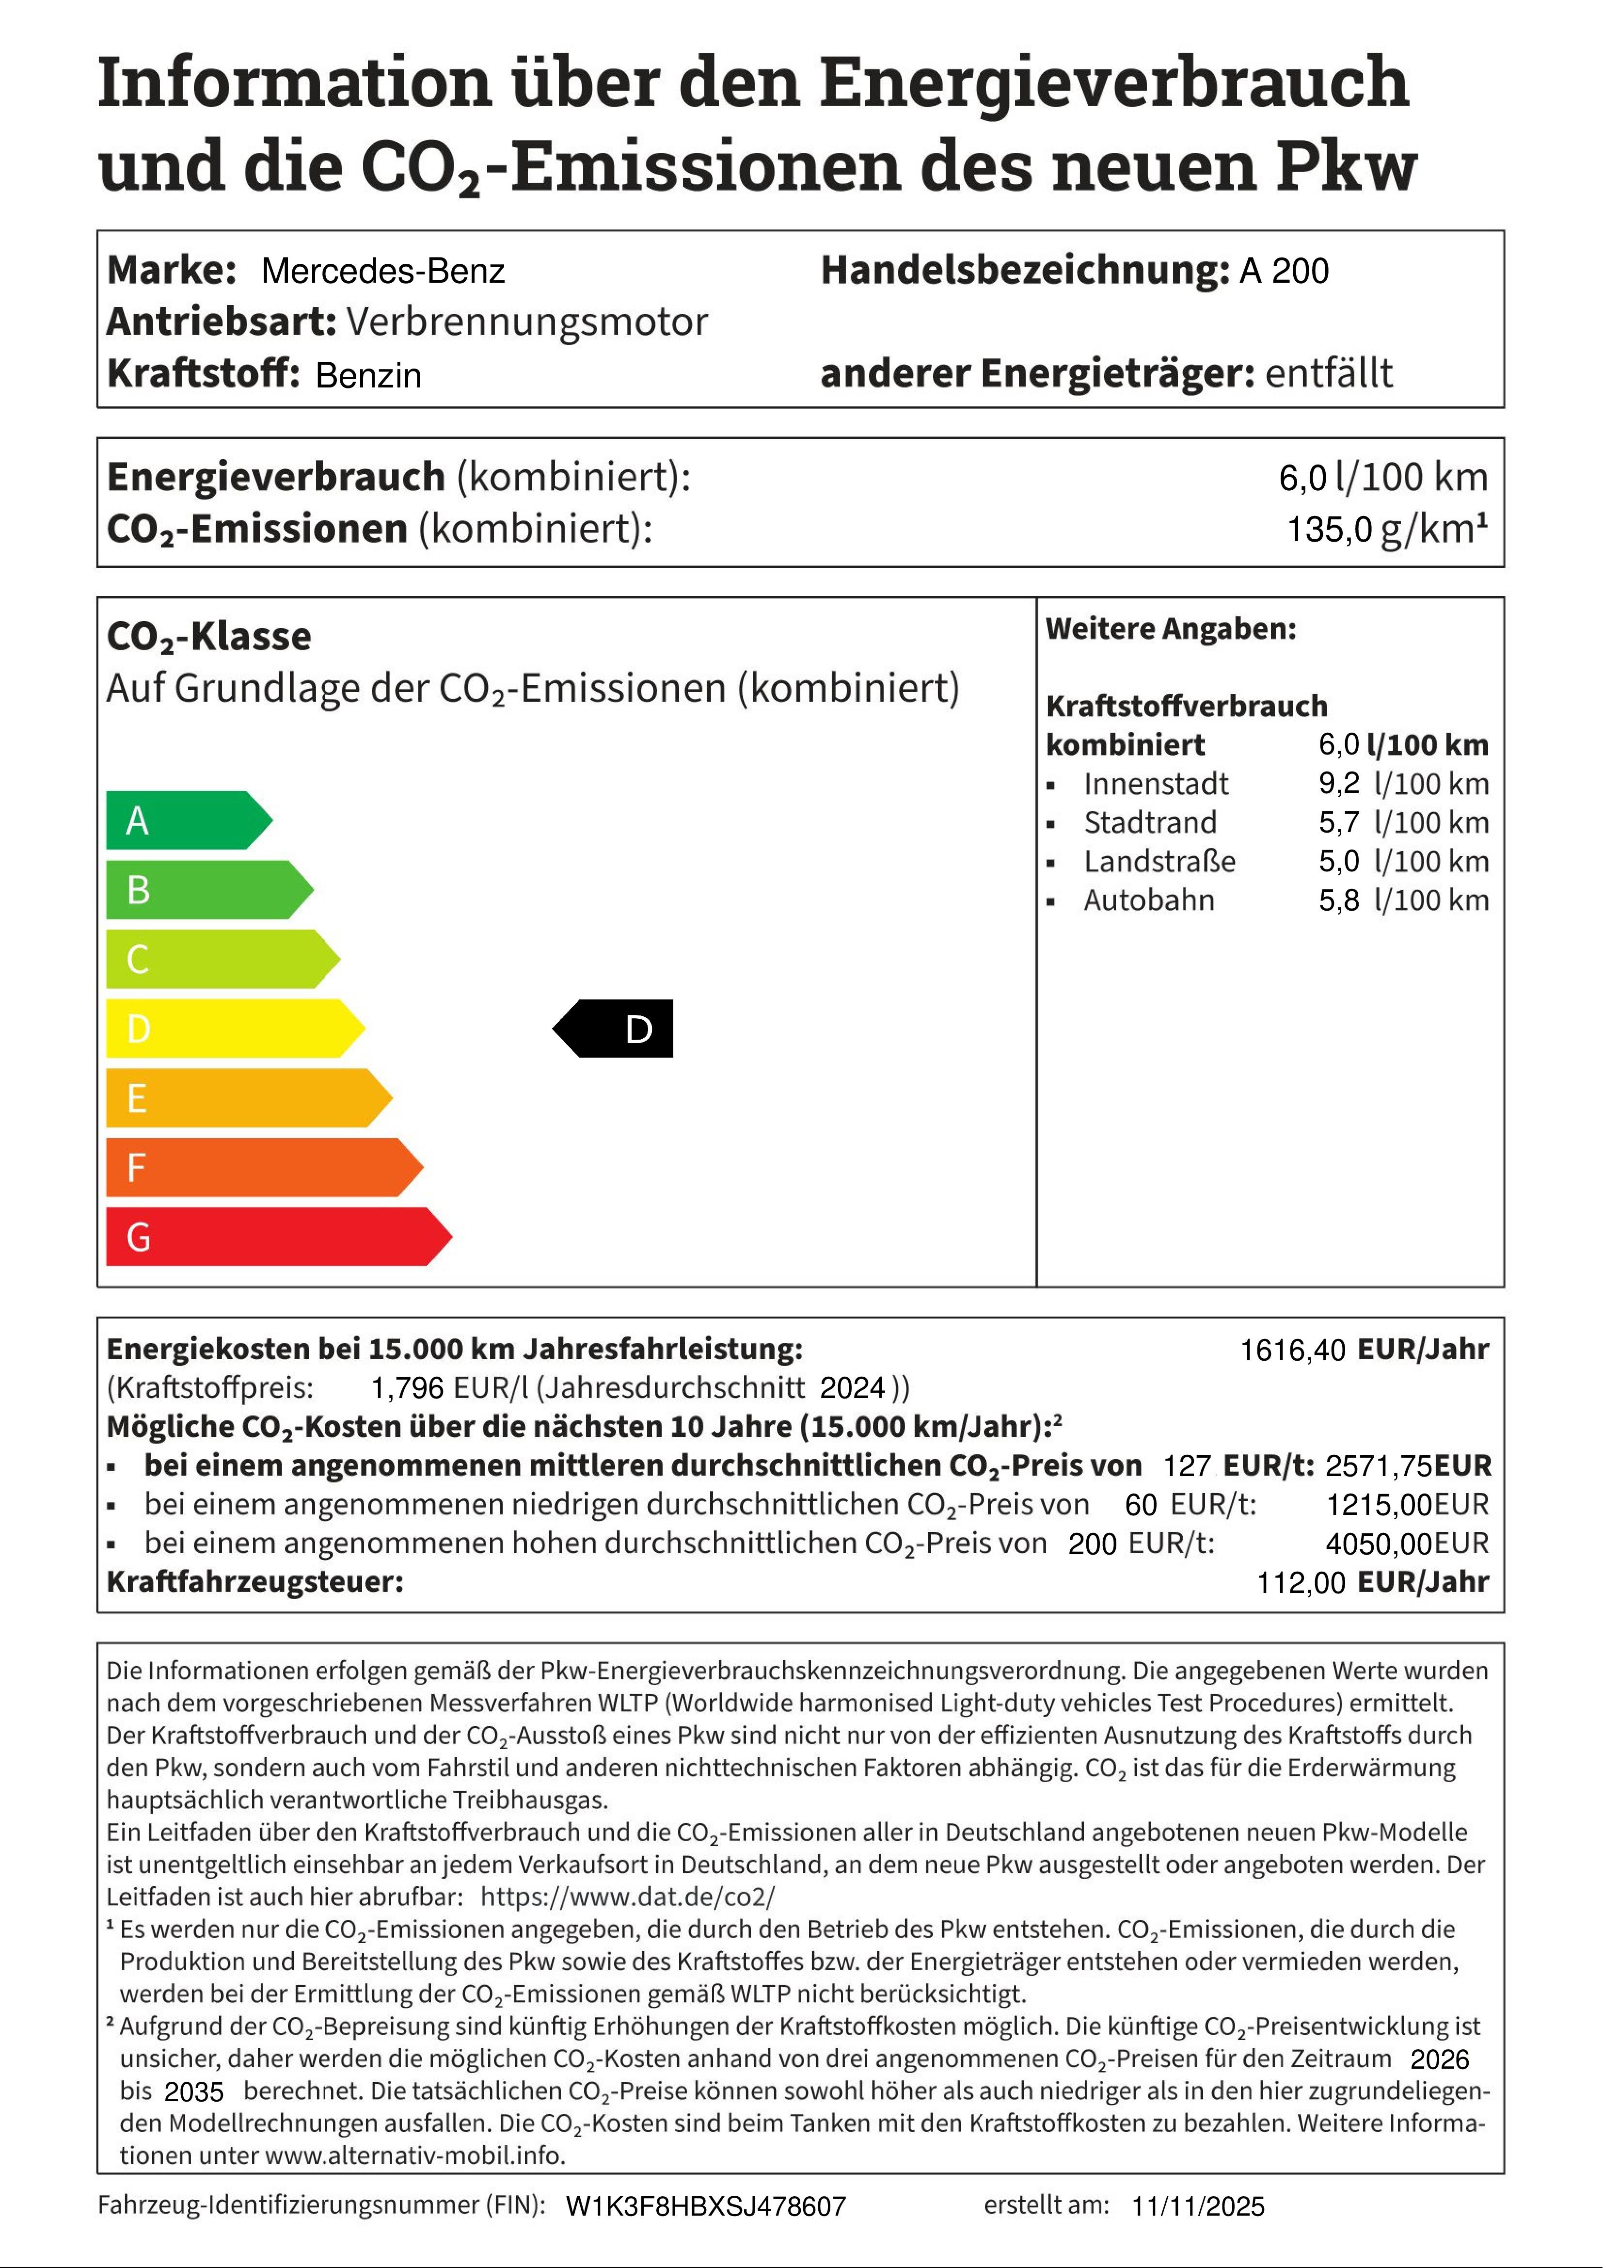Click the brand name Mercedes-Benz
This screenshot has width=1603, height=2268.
pyautogui.click(x=383, y=271)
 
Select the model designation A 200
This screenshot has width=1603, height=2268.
pyautogui.click(x=1284, y=271)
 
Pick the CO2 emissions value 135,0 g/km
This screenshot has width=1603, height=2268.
pyautogui.click(x=1386, y=530)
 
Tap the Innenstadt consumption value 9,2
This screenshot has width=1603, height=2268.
pyautogui.click(x=1338, y=783)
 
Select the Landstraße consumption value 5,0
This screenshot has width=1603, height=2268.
pyautogui.click(x=1338, y=861)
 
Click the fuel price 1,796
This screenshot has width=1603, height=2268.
pyautogui.click(x=407, y=1388)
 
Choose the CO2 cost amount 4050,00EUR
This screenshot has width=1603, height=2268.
pyautogui.click(x=1407, y=1543)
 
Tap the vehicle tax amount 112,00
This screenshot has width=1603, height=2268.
pyautogui.click(x=1300, y=1582)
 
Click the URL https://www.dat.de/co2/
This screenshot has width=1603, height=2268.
pyautogui.click(x=628, y=1897)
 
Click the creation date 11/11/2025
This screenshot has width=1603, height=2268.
pyautogui.click(x=1197, y=2207)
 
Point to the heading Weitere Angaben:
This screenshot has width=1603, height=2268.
pyautogui.click(x=1171, y=629)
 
